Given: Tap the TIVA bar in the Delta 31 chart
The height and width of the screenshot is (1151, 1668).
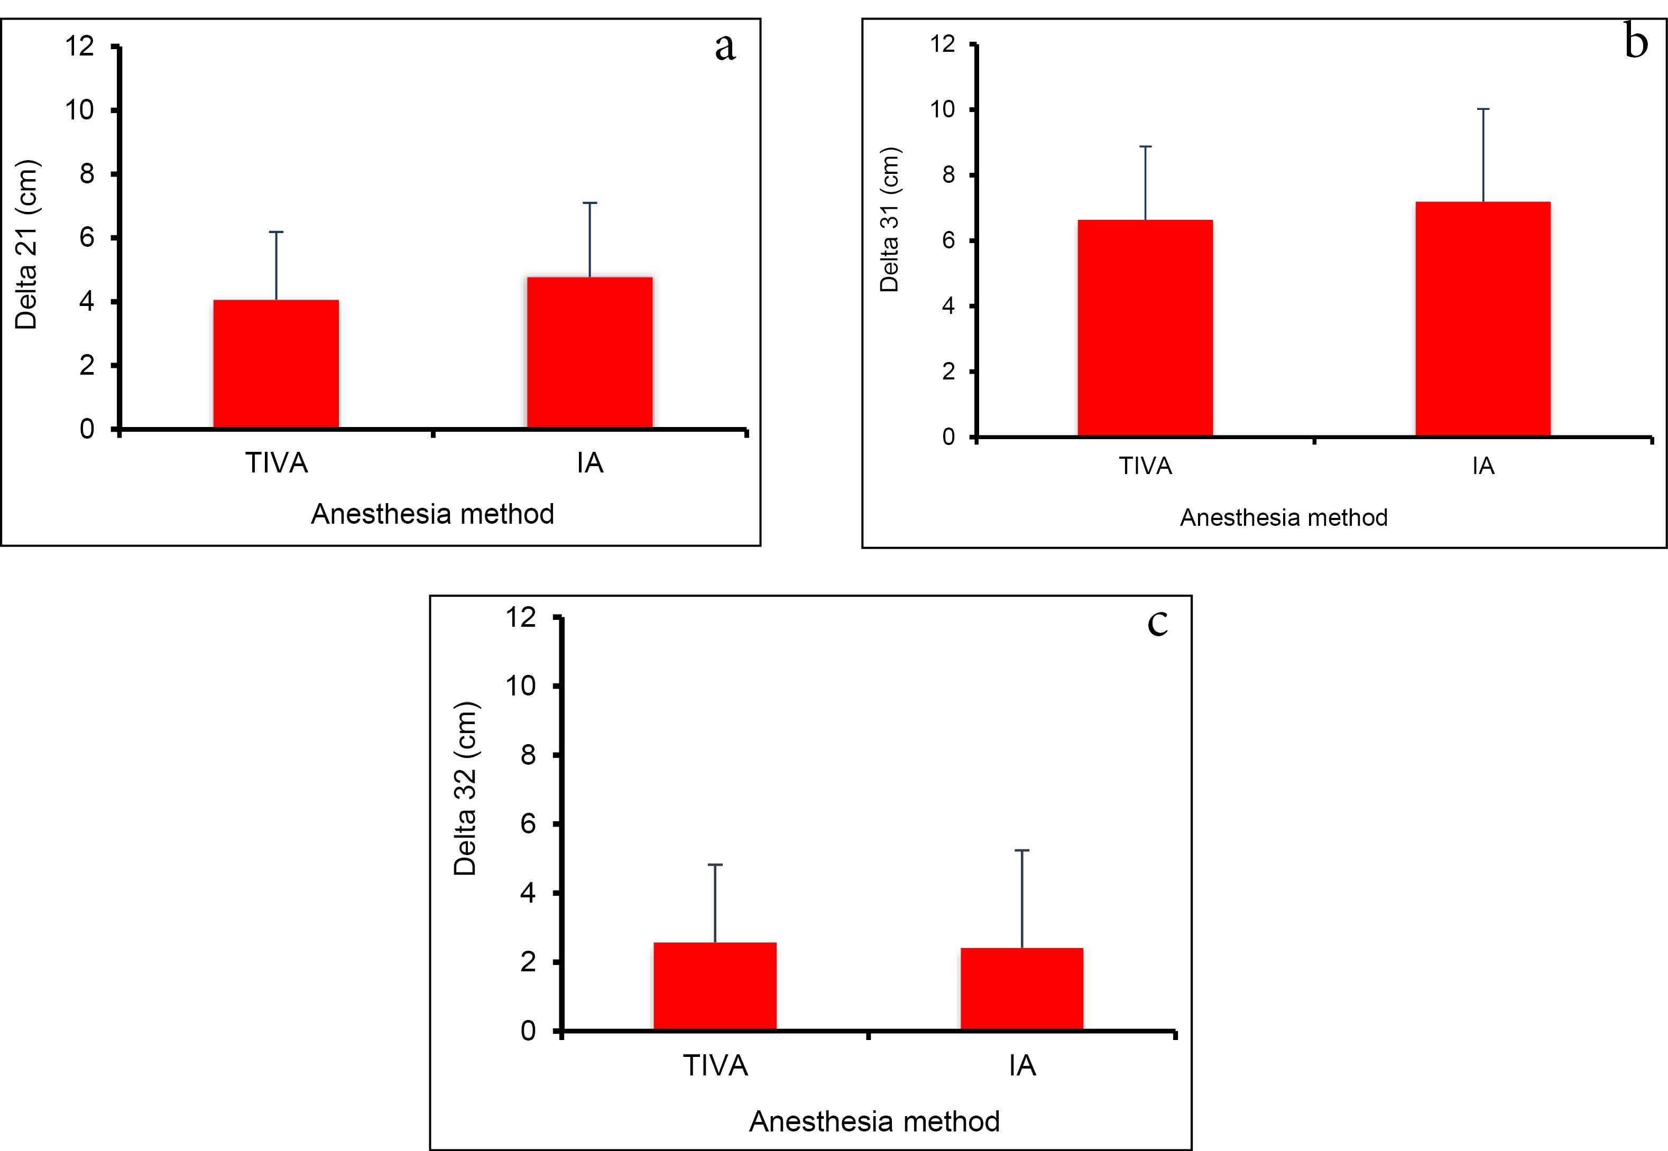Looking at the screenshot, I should pyautogui.click(x=1145, y=328).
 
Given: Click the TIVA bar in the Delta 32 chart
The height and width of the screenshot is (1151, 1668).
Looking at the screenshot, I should pyautogui.click(x=714, y=986).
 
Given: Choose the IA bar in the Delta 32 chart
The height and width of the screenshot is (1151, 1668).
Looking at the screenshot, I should pyautogui.click(x=1021, y=989).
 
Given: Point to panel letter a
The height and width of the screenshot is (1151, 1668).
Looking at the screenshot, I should pyautogui.click(x=725, y=47).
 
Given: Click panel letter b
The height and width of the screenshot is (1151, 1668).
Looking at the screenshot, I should pyautogui.click(x=1636, y=42).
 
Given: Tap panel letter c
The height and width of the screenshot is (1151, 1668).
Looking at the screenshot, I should pyautogui.click(x=1157, y=623).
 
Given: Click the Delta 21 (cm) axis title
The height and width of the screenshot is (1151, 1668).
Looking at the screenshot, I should pyautogui.click(x=26, y=245).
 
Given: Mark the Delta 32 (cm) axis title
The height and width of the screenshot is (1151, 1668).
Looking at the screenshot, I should pyautogui.click(x=465, y=788).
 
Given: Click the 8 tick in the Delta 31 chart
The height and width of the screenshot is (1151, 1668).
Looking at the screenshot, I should pyautogui.click(x=948, y=175).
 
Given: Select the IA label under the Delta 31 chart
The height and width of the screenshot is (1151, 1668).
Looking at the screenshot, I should pyautogui.click(x=1482, y=467).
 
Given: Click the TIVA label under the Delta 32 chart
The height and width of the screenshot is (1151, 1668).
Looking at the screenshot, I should pyautogui.click(x=715, y=1066).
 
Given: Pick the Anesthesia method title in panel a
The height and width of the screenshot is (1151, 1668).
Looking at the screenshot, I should pyautogui.click(x=432, y=514).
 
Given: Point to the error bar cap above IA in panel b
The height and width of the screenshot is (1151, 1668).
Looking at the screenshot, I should pyautogui.click(x=1482, y=109).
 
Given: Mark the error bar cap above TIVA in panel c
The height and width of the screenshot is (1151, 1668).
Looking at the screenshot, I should pyautogui.click(x=715, y=865).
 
